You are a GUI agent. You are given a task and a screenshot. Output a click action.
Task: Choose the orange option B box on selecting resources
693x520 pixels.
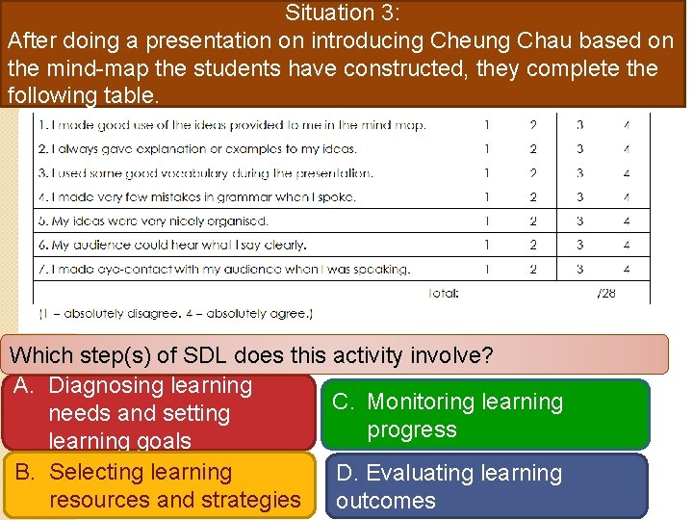pos(158,486)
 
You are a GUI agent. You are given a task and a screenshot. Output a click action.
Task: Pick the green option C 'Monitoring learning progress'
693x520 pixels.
pos(487,415)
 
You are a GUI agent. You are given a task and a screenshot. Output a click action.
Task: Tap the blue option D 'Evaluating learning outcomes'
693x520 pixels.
pos(487,486)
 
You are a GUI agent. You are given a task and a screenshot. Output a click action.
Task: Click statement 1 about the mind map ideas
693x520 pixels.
pos(231,125)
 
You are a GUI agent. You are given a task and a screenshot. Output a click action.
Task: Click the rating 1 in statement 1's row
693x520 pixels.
pos(487,125)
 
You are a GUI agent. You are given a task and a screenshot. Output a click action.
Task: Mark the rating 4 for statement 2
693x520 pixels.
pos(626,149)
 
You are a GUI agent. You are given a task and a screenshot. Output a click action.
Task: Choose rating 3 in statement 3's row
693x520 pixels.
pos(579,173)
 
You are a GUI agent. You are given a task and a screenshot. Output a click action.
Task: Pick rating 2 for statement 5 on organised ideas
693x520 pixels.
pos(533,221)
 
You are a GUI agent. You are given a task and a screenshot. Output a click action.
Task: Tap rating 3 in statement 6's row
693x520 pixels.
pos(579,246)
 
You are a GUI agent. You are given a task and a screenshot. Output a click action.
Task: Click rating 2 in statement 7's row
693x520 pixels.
pos(533,270)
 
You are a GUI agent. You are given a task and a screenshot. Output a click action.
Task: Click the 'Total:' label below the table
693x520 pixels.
pos(444,293)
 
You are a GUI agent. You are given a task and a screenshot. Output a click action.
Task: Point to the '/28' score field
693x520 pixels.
pos(605,293)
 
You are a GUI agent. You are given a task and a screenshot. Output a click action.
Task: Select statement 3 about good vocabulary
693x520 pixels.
pos(205,173)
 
